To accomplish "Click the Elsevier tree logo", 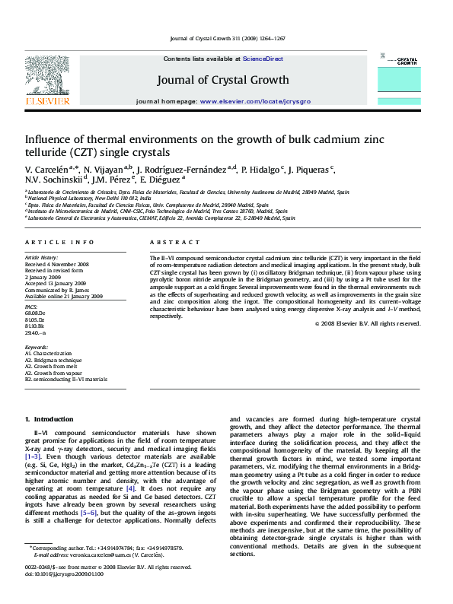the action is point(48,76).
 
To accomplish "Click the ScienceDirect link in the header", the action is point(263,59).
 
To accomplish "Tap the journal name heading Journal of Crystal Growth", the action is point(223,80).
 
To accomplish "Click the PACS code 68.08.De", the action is point(35,313).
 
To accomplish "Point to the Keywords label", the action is point(37,348).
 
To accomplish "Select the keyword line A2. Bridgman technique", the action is point(54,360).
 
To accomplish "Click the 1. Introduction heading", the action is point(49,420).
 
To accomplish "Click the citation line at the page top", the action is point(227,37).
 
